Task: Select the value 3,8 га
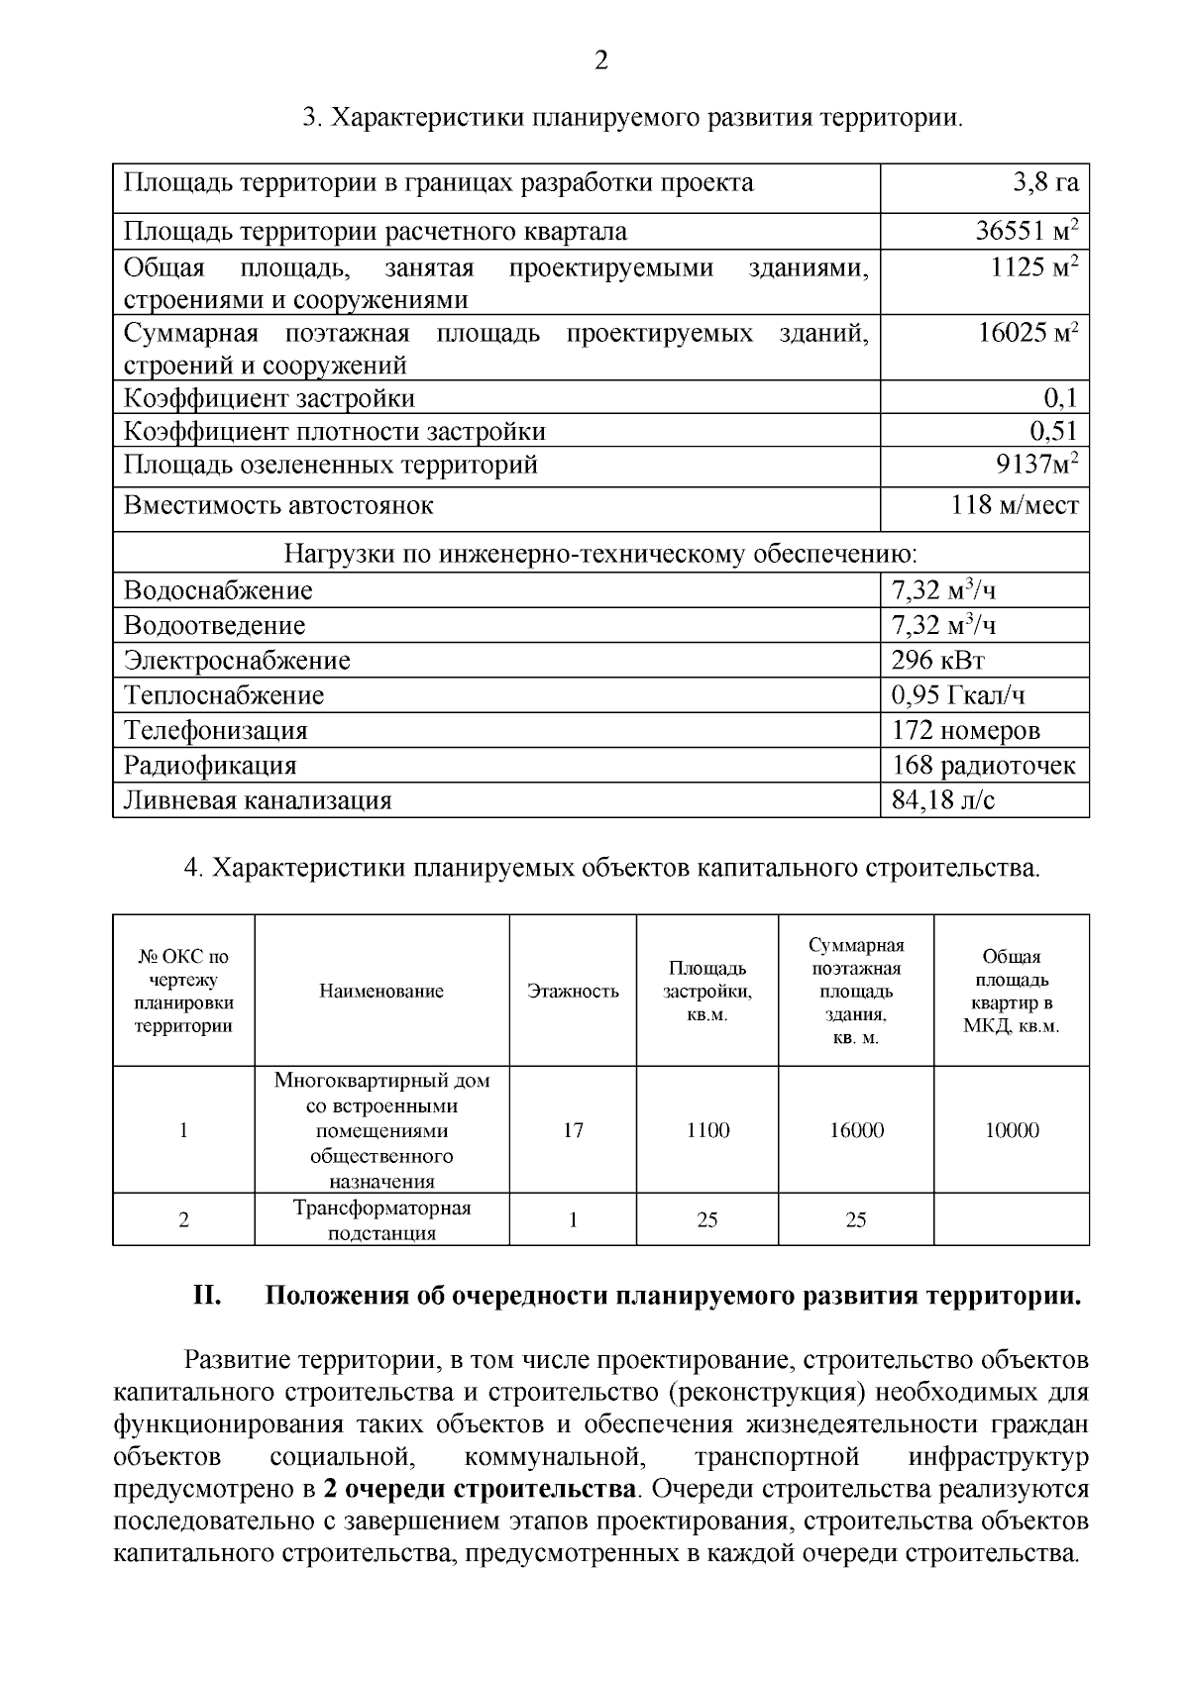click(1044, 183)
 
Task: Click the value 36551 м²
click(1027, 232)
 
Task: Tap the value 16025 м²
click(1027, 333)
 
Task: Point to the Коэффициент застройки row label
click(270, 399)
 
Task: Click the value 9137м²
click(1036, 465)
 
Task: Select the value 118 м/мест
click(1015, 505)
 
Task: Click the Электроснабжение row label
click(237, 661)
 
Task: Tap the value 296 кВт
click(938, 661)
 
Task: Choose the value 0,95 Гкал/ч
click(958, 695)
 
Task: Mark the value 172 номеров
click(966, 731)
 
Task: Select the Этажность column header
click(573, 991)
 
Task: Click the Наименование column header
click(381, 991)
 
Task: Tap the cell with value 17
click(573, 1130)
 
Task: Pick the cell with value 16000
click(856, 1130)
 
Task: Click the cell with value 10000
click(1011, 1130)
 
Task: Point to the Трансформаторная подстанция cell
click(381, 1220)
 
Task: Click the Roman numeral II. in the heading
click(205, 1297)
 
